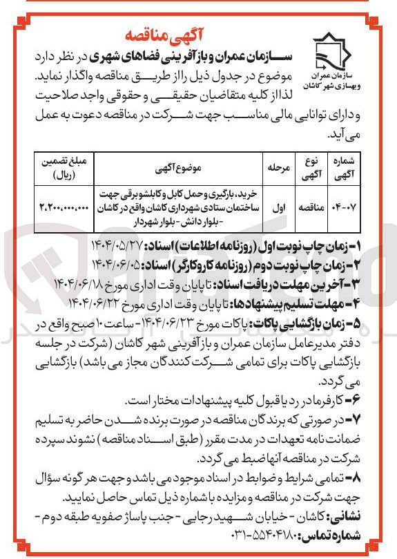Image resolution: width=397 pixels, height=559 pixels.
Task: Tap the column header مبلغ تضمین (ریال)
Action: [66, 167]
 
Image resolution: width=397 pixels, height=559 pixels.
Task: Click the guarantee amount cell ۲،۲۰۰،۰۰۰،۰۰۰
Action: [66, 206]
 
